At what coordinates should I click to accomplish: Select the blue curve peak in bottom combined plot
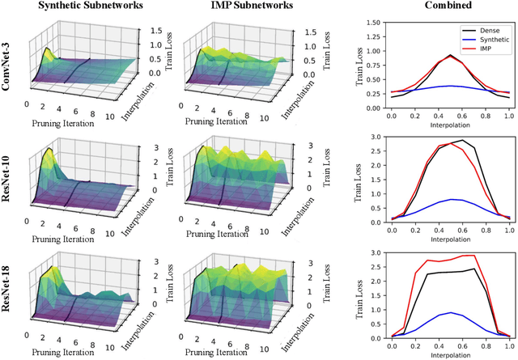pyautogui.click(x=444, y=312)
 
